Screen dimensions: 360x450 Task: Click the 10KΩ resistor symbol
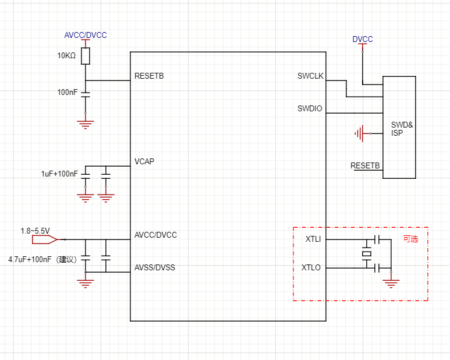pos(86,56)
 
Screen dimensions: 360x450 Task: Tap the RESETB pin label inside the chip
pos(149,76)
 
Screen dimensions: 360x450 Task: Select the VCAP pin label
pos(144,161)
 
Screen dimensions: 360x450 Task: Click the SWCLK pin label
pos(310,76)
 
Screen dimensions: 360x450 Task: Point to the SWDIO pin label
pos(310,108)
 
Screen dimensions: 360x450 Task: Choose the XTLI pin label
pos(313,239)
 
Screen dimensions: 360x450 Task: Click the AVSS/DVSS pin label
pos(155,268)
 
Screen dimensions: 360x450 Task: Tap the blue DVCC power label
pos(363,40)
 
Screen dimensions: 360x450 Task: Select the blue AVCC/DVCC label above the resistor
pos(86,36)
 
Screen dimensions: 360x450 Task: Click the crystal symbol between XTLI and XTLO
pos(367,253)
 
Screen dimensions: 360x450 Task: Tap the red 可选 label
pos(411,239)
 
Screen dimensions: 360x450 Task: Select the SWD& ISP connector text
pos(402,129)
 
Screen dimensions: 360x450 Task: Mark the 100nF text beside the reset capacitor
pos(67,93)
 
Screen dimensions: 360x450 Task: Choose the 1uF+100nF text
pos(59,174)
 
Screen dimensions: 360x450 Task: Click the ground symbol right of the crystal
pos(391,284)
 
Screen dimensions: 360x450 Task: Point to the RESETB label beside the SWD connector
pos(365,166)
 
